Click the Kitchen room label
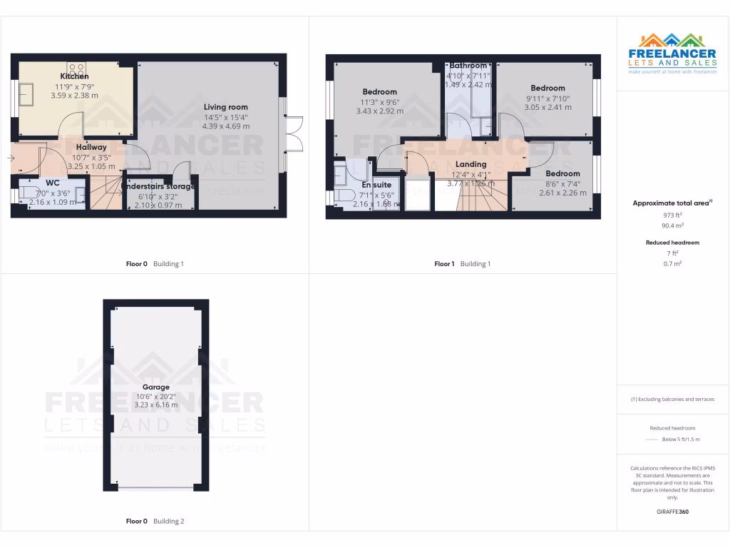pyautogui.click(x=74, y=76)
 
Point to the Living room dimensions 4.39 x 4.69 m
pyautogui.click(x=225, y=126)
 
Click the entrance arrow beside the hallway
pyautogui.click(x=11, y=158)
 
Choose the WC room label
pyautogui.click(x=53, y=183)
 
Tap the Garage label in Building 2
pyautogui.click(x=155, y=387)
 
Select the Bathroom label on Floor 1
pyautogui.click(x=468, y=66)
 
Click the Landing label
pyautogui.click(x=471, y=164)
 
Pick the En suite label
pyautogui.click(x=376, y=185)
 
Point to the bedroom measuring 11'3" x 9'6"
pyautogui.click(x=379, y=92)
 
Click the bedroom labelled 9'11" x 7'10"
pyautogui.click(x=547, y=88)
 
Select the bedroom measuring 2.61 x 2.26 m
pyautogui.click(x=562, y=173)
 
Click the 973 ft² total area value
pyautogui.click(x=672, y=215)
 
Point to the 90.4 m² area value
pyautogui.click(x=672, y=225)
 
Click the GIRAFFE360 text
pyautogui.click(x=672, y=512)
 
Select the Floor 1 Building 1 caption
pyautogui.click(x=462, y=264)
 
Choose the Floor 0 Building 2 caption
pyautogui.click(x=155, y=521)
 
